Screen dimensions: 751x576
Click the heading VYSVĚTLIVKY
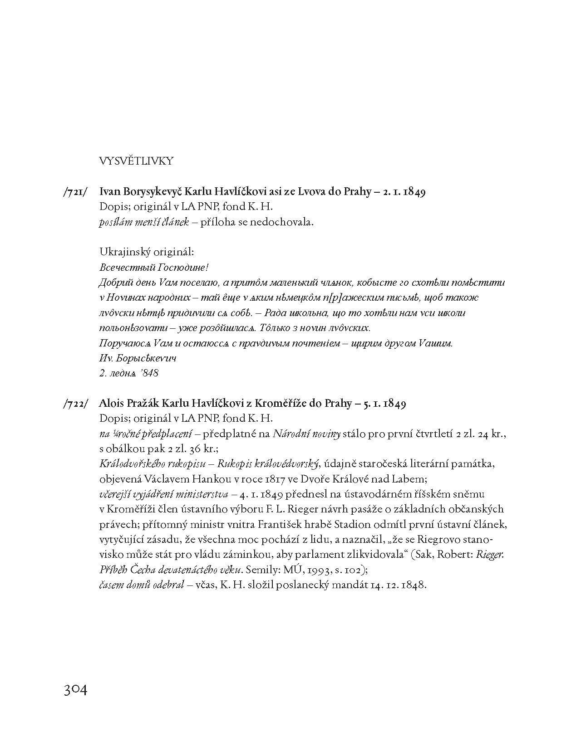coord(136,161)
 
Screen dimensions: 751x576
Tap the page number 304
coord(75,690)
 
